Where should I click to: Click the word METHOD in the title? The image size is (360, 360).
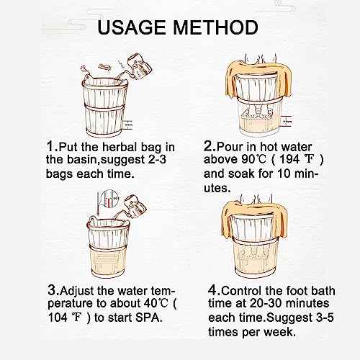pyautogui.click(x=217, y=27)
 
